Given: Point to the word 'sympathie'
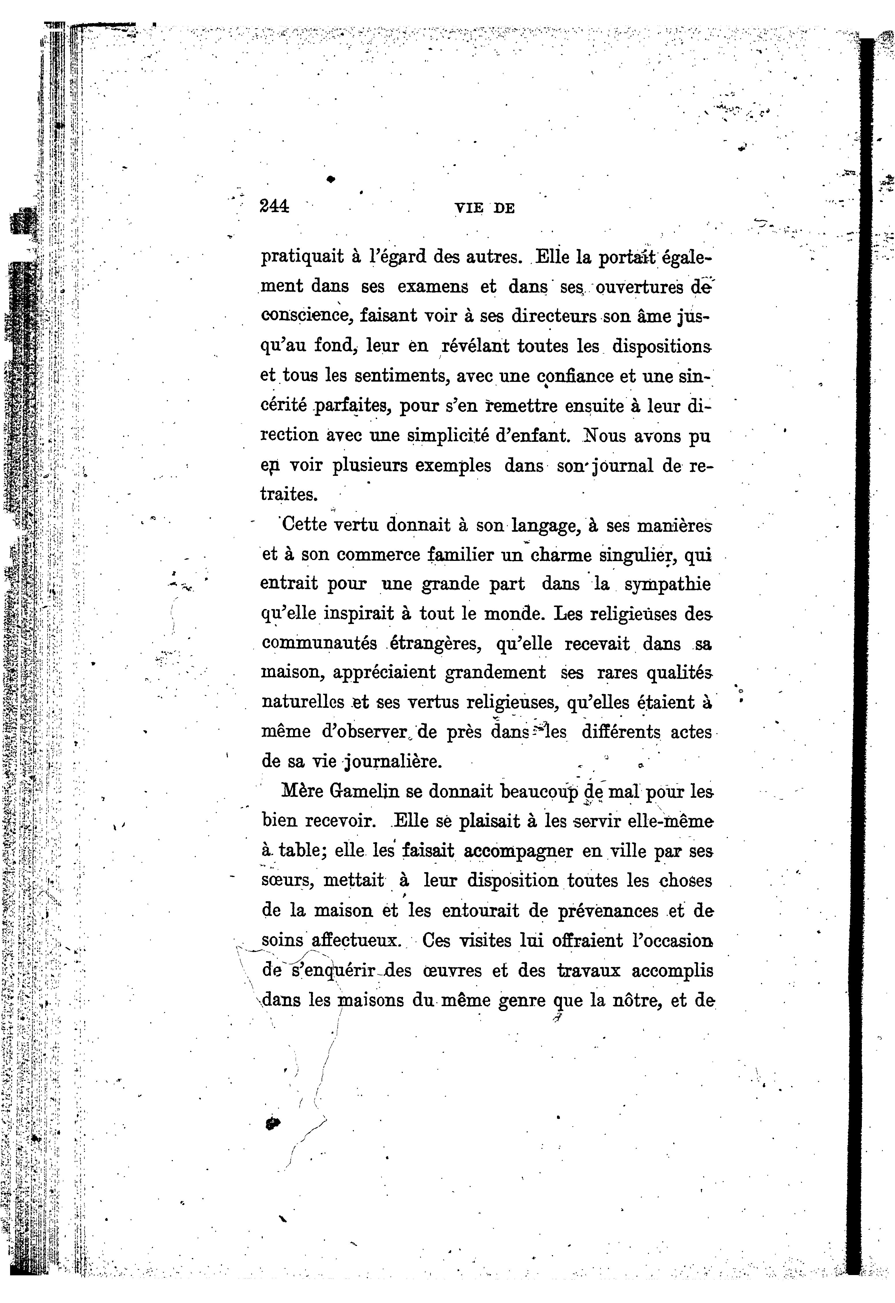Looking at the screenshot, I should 667,584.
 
